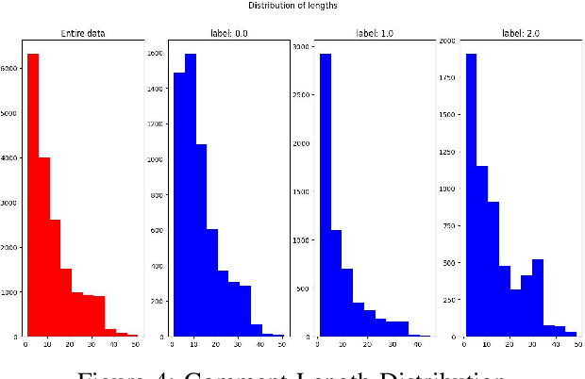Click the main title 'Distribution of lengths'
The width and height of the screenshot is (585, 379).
point(292,6)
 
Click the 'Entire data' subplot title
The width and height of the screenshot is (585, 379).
point(81,33)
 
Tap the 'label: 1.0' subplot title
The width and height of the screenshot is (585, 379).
point(372,33)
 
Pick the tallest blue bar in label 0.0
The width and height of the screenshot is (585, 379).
point(191,194)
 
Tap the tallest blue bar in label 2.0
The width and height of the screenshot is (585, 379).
point(470,194)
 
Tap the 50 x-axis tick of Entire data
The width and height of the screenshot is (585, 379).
point(136,345)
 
